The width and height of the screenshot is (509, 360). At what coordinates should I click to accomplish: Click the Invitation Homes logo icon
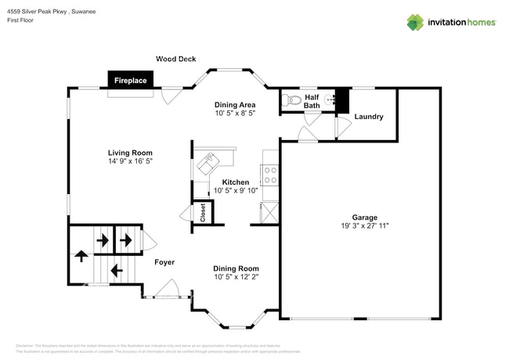click(414, 22)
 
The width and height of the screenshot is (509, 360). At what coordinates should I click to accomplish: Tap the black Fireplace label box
click(131, 81)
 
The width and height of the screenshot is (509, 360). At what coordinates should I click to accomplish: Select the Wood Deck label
click(175, 59)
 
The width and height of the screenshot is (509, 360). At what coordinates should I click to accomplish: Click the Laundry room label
click(369, 117)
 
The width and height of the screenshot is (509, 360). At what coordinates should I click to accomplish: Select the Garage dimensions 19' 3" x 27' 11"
click(364, 225)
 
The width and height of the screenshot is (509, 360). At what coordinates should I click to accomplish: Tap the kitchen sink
click(209, 163)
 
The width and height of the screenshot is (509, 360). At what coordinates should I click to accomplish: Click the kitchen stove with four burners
click(271, 175)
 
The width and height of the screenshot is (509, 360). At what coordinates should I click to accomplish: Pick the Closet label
click(204, 213)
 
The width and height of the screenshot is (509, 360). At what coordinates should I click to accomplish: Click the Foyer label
click(164, 262)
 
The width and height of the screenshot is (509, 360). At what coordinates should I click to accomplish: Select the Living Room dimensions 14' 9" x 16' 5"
click(130, 161)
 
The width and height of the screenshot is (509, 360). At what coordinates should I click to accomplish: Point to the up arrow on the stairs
click(81, 256)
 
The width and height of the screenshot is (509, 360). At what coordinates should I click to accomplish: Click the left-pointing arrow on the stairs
click(117, 271)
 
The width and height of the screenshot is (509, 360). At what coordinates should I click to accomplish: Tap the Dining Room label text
click(236, 268)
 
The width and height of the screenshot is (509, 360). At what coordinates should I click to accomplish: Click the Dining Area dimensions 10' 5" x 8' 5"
click(236, 113)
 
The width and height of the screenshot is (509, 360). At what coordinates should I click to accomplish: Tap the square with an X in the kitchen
click(269, 211)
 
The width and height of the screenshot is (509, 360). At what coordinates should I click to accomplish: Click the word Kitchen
click(236, 182)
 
